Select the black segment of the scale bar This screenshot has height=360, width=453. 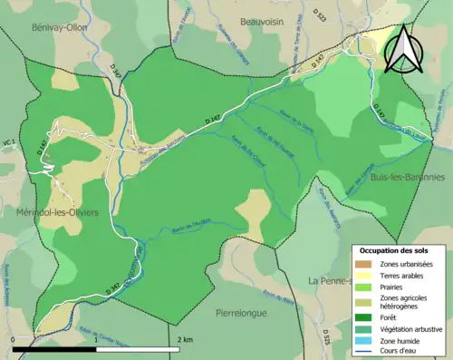pos(54,347)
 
